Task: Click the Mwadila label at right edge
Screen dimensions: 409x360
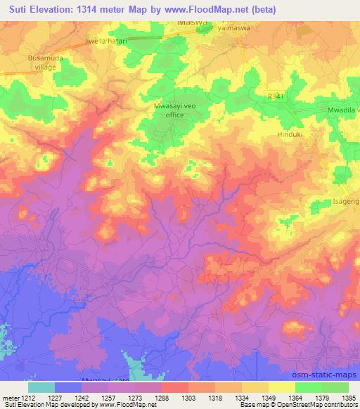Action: coord(340,111)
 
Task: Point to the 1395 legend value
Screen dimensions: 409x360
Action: coord(349,397)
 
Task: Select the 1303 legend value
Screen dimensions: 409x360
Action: coord(188,397)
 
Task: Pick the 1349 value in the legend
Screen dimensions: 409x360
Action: coord(269,397)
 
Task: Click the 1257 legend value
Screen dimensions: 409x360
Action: coord(108,397)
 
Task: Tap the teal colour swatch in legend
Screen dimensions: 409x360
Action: coord(41,387)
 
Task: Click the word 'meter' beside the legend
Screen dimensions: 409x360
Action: coord(9,397)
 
